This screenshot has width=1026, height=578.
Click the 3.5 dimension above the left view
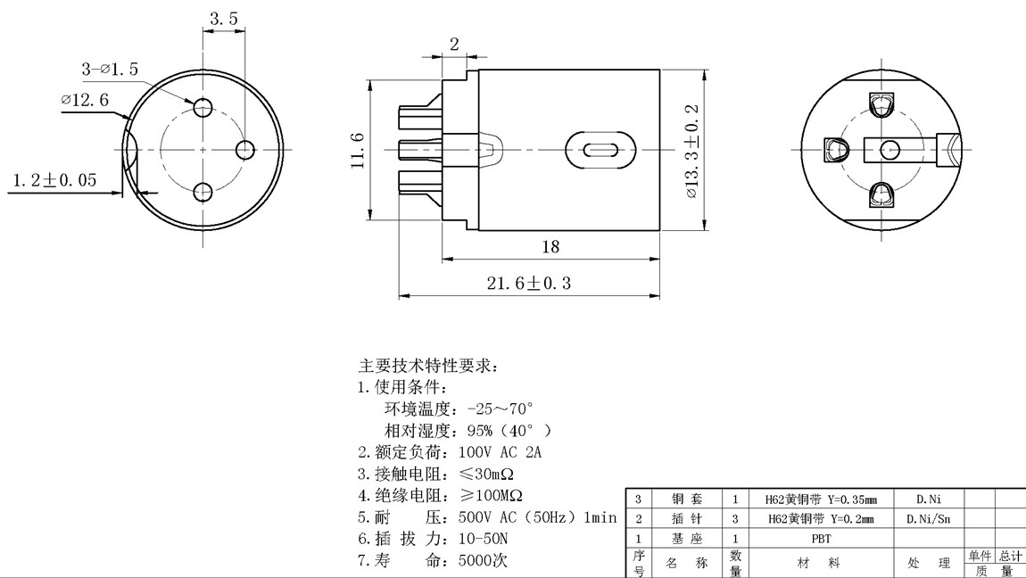(224, 18)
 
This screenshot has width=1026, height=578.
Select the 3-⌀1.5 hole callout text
(110, 69)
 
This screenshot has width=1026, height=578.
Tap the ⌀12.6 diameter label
(85, 100)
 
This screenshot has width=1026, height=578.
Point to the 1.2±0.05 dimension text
(54, 180)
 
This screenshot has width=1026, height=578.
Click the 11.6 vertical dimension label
(357, 150)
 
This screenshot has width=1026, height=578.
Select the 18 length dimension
(550, 246)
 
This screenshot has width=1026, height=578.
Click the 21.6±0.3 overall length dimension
(528, 283)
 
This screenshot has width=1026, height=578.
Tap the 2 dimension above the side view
(453, 44)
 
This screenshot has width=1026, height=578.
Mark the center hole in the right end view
(889, 150)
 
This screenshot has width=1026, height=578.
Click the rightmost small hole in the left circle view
(246, 148)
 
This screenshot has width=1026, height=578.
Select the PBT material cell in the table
(821, 539)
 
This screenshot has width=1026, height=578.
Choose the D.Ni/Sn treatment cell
(928, 518)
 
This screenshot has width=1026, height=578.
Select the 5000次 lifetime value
(483, 561)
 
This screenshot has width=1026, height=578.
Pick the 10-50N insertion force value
(483, 539)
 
